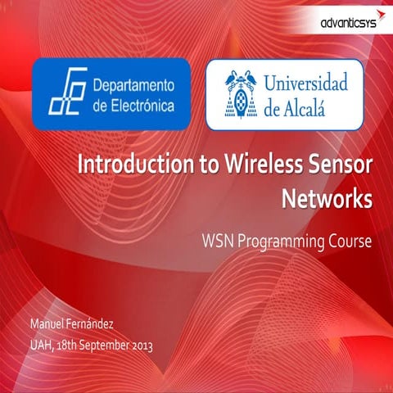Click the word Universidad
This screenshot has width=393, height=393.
[x=305, y=84]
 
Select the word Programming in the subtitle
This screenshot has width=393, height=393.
[x=282, y=242]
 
